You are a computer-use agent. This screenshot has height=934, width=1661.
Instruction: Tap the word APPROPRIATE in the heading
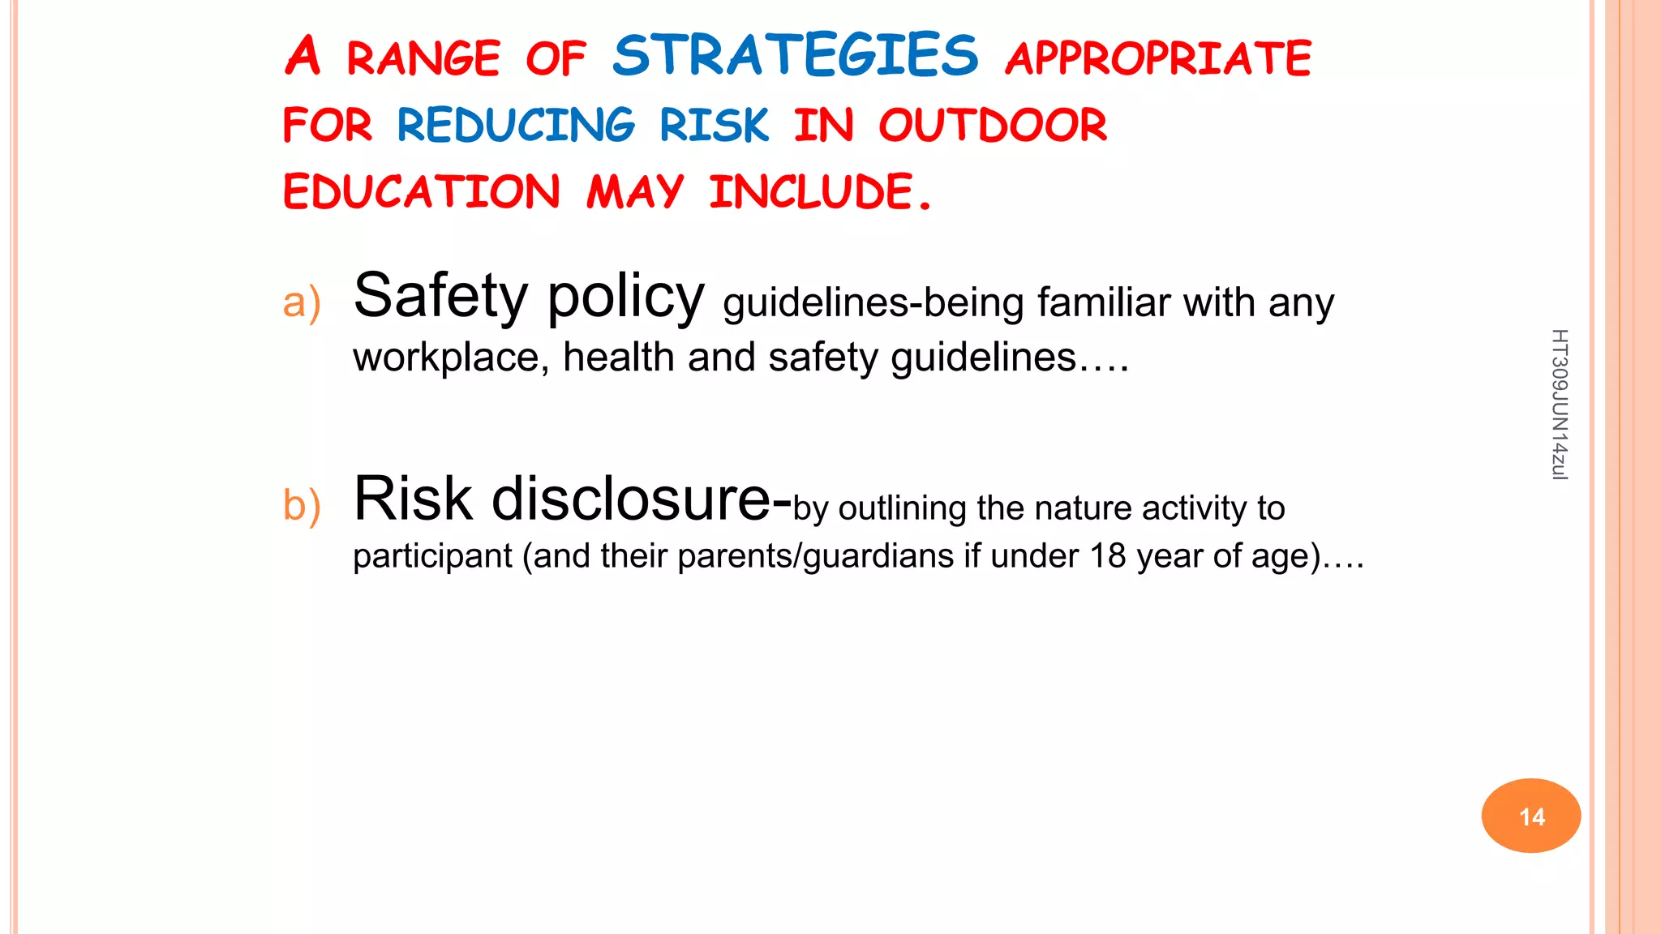pos(1158,58)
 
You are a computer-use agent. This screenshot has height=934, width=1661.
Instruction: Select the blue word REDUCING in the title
pos(516,125)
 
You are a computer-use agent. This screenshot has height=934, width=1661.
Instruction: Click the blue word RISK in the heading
pos(714,125)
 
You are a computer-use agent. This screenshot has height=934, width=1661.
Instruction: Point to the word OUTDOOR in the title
pos(993,125)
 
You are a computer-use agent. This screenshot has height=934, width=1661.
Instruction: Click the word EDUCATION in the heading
pos(422,192)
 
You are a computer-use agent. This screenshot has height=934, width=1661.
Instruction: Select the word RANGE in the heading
pos(423,58)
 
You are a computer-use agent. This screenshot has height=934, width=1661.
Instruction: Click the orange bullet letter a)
pos(302,303)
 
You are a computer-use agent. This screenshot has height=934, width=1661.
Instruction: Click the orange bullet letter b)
pos(302,505)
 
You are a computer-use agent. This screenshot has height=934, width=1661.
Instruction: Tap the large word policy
pos(625,297)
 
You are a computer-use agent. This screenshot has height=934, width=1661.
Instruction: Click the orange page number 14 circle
pos(1531,816)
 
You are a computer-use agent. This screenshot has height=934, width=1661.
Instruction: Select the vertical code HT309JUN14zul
pos(1559,405)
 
